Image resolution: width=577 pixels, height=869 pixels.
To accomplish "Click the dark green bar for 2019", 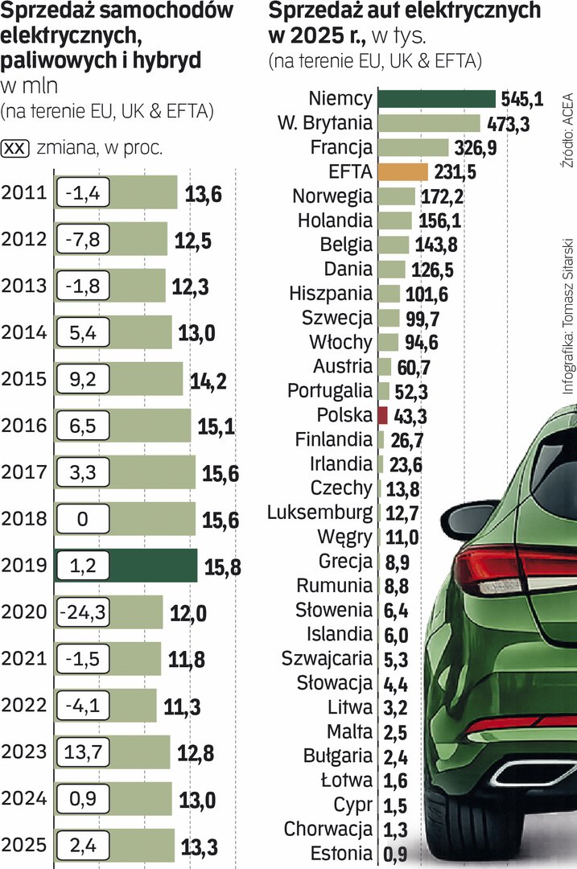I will pyautogui.click(x=153, y=566).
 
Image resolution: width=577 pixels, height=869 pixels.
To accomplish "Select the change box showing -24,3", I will pyautogui.click(x=82, y=613).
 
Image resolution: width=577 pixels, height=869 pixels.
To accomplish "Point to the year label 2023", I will pyautogui.click(x=25, y=753).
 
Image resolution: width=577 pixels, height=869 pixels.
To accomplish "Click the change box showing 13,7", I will pyautogui.click(x=82, y=753).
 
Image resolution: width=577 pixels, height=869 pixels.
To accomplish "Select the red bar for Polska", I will pyautogui.click(x=383, y=416).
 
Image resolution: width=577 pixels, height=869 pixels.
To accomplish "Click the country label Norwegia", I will pyautogui.click(x=332, y=196).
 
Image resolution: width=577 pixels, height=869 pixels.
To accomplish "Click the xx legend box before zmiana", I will pyautogui.click(x=17, y=148).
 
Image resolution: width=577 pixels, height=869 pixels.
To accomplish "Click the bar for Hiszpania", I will pyautogui.click(x=389, y=294).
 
